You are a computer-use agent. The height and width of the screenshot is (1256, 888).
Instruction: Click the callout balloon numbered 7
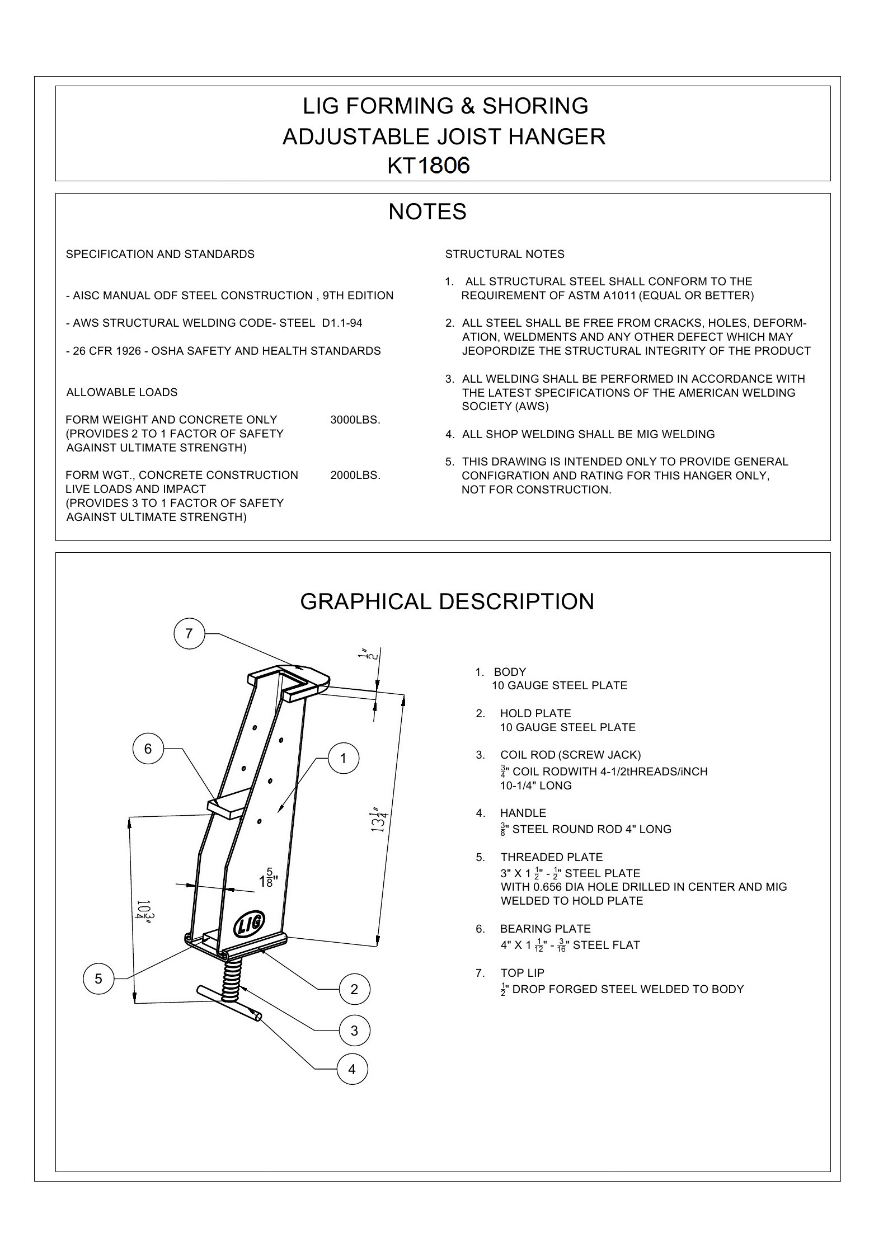tap(189, 633)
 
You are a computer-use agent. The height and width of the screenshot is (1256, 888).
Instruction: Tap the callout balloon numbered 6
tap(148, 749)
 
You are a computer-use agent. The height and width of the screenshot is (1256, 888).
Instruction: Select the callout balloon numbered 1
tap(343, 758)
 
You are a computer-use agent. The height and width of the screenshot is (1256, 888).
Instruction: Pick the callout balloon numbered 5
tap(98, 979)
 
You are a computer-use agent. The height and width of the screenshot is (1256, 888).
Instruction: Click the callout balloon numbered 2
tap(354, 989)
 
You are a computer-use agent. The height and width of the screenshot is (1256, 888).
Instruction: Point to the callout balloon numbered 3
tap(354, 1030)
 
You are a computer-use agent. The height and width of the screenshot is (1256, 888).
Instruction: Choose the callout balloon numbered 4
tap(352, 1069)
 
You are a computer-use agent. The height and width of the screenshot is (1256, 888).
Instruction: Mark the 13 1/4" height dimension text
tap(379, 818)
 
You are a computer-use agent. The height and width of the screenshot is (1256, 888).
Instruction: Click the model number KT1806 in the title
tap(429, 166)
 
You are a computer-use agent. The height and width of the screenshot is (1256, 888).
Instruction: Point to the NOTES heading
tap(427, 211)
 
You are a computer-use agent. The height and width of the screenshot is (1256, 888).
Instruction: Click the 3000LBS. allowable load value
tap(355, 420)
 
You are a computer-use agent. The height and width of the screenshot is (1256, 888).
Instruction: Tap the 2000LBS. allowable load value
tap(355, 476)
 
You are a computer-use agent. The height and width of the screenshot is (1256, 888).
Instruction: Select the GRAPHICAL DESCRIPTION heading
tap(447, 601)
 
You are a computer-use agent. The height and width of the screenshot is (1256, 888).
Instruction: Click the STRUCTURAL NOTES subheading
tap(505, 255)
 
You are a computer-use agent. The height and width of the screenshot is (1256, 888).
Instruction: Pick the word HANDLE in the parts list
tap(523, 813)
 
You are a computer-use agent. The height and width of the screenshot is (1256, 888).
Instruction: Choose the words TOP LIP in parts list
tap(522, 973)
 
